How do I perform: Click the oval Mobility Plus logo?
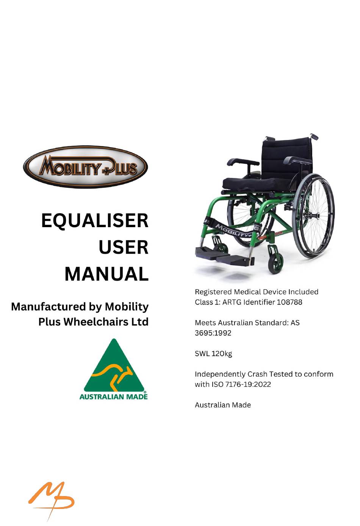coord(85,167)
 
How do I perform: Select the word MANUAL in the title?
coord(106,274)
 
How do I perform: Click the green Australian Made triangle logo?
coord(114,369)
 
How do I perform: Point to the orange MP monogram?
coord(52,500)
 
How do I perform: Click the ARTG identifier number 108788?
coord(290,302)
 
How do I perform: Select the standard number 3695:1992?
coord(213,333)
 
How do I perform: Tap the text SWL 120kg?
coord(213,354)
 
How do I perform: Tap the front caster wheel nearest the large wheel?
coord(275,262)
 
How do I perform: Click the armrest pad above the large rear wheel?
coord(297,160)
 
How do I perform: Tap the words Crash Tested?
coord(270,374)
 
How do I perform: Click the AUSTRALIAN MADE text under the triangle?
coord(114,397)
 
